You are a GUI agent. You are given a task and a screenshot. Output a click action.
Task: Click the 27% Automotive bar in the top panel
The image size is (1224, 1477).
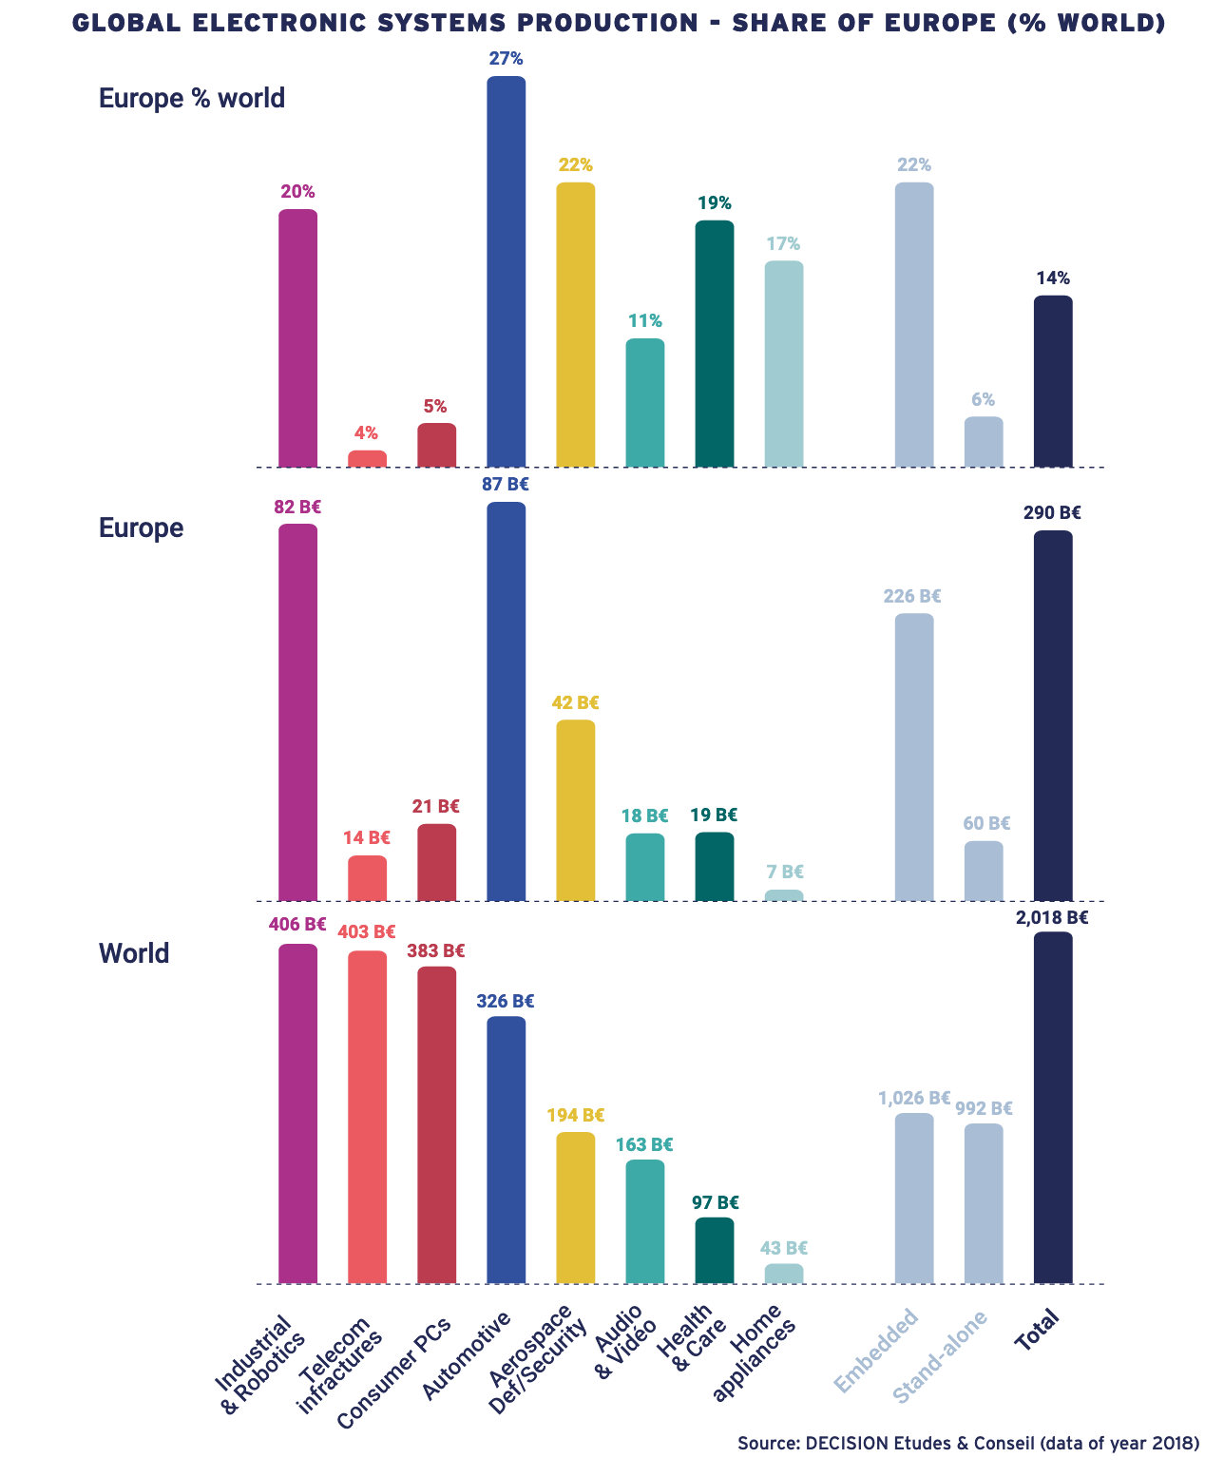[x=506, y=271]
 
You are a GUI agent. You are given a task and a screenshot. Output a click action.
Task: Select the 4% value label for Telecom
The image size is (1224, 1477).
[x=366, y=433]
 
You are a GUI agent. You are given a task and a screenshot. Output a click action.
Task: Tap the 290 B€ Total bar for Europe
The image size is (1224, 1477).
[x=1053, y=715]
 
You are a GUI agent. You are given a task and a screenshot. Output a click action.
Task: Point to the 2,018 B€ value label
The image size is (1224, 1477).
[x=1052, y=918]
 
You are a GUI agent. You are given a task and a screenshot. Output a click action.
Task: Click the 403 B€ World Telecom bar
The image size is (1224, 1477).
[x=367, y=1117]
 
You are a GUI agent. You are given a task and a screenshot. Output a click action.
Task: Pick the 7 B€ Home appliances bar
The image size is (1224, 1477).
[x=784, y=895]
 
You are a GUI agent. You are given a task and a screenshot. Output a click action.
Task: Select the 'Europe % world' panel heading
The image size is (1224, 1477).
[x=192, y=98]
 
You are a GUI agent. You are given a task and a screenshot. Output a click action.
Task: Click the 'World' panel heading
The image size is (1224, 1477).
[x=134, y=953]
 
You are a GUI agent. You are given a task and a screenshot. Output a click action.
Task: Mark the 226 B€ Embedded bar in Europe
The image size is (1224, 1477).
[x=914, y=757]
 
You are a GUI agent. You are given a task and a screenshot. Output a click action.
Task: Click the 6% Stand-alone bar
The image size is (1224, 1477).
[x=984, y=442]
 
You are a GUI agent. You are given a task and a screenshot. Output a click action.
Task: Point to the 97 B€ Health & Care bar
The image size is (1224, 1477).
[x=715, y=1250]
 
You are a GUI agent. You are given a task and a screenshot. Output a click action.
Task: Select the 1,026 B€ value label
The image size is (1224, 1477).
[x=914, y=1098]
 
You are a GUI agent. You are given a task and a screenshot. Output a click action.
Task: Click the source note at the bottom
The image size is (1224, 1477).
[x=968, y=1443]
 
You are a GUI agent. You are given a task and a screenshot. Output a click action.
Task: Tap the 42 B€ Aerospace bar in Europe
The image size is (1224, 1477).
[x=576, y=810]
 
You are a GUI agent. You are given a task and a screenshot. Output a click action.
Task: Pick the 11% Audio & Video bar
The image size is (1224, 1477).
[x=645, y=403]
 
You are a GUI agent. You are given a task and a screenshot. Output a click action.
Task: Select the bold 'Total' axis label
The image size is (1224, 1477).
[x=1037, y=1328]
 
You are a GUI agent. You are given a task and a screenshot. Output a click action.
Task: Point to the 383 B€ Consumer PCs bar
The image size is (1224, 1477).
[x=436, y=1124]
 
